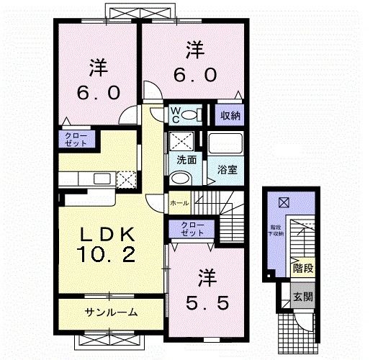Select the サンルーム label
tap(111, 312)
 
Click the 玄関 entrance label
tap(302, 297)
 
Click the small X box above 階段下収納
tap(283, 202)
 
